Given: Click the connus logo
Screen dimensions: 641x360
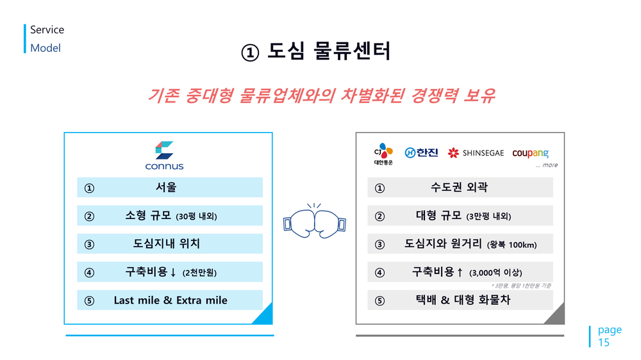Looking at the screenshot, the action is [x=164, y=155].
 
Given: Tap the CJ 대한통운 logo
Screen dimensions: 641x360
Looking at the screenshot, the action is [x=383, y=154].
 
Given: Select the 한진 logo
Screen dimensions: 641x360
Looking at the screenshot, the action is [x=421, y=153].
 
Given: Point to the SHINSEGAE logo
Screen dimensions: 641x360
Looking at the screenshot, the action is [x=476, y=153].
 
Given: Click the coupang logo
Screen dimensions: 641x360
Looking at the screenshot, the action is [x=530, y=153].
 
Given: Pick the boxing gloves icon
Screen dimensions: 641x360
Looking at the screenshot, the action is [x=314, y=221].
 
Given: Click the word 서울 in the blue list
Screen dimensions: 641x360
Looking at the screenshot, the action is [x=166, y=187].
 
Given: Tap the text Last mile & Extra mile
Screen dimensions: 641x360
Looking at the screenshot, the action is [x=171, y=300].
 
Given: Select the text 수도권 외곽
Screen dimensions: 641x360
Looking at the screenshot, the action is [x=459, y=187].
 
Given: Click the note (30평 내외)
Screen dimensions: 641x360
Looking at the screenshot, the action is [x=196, y=217].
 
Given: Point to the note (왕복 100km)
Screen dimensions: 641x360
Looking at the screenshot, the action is [x=512, y=245].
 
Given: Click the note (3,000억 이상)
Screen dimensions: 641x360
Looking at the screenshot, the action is [x=495, y=273].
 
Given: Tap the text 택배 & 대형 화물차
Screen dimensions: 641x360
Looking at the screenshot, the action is [x=463, y=300].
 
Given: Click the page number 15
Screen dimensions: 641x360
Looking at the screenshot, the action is [x=603, y=343].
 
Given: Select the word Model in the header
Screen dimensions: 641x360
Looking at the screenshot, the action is [x=46, y=48].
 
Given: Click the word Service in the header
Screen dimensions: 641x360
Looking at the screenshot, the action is [x=47, y=30].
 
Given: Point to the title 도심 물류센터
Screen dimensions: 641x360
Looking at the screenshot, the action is [x=329, y=51].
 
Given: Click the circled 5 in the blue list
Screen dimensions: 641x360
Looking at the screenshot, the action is [x=89, y=301].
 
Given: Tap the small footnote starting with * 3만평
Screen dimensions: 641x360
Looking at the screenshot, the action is [x=521, y=286].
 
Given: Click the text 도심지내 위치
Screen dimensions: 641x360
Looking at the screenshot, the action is [x=167, y=243].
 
